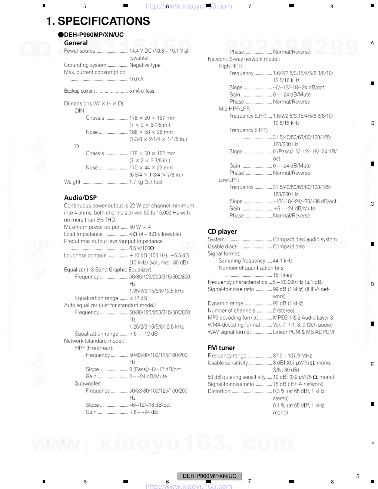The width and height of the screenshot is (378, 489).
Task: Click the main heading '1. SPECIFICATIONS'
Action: [x=98, y=21]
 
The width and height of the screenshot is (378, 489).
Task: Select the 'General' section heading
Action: [x=76, y=43]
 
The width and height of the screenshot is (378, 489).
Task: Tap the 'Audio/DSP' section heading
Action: [x=80, y=198]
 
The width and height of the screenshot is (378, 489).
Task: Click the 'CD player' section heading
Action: [x=222, y=232]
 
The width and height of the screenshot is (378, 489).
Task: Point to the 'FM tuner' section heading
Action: [x=221, y=348]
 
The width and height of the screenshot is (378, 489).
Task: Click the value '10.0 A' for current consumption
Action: [x=136, y=79]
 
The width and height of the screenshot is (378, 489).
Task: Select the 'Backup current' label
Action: [x=79, y=91]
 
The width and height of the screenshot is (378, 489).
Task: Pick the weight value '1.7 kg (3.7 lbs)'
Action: [x=146, y=182]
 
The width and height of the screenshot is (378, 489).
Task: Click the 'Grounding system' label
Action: [x=85, y=65]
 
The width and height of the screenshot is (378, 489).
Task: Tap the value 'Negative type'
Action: [x=145, y=65]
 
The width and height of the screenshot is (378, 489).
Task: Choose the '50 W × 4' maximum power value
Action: [x=140, y=227]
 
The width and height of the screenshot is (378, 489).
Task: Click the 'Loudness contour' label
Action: [x=85, y=256]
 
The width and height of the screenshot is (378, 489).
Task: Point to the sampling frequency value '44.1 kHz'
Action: [x=283, y=261]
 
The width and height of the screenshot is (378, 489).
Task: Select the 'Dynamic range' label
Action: [x=225, y=303]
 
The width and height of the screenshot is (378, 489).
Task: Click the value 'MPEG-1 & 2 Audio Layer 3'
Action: [x=303, y=318]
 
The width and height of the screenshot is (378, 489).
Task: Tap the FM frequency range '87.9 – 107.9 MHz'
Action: [x=292, y=356]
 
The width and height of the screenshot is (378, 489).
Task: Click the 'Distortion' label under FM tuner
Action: [x=219, y=391]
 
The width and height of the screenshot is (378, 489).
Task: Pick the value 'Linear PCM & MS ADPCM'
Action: [x=303, y=332]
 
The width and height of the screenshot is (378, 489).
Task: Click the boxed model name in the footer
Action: [x=209, y=476]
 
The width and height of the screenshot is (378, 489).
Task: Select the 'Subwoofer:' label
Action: [x=88, y=384]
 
